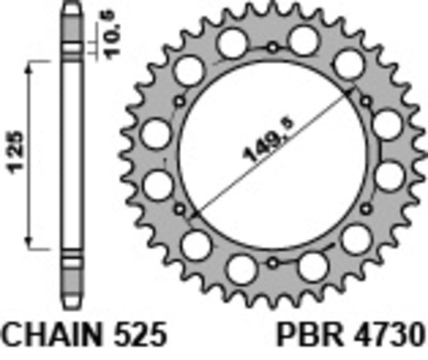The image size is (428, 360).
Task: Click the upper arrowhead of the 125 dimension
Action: point(31,66)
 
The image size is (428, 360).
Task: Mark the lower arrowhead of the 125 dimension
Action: point(31,243)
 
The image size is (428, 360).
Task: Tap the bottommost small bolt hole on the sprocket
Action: point(273,262)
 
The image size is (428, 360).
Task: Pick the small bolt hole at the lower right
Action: point(367,208)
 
